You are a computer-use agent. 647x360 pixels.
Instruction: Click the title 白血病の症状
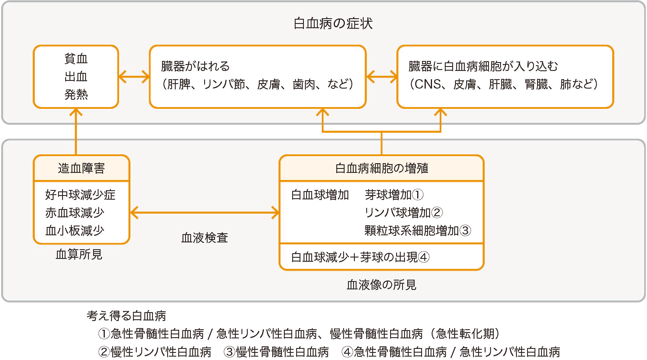click(x=333, y=23)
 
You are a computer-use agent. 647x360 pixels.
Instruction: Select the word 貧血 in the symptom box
click(x=76, y=59)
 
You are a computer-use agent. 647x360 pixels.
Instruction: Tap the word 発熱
click(x=76, y=95)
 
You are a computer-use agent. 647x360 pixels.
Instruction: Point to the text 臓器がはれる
click(x=195, y=66)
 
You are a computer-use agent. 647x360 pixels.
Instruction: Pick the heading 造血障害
click(x=81, y=168)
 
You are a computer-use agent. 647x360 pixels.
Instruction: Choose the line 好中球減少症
click(x=80, y=195)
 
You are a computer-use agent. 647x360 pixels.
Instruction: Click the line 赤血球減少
click(x=75, y=213)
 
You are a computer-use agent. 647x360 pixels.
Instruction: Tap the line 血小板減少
click(x=75, y=231)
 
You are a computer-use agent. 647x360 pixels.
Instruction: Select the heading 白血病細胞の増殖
click(x=382, y=168)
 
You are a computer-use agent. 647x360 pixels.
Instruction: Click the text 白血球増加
click(x=320, y=195)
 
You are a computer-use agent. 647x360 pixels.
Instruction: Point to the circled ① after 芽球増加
click(x=418, y=195)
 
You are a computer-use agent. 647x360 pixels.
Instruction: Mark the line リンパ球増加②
click(x=404, y=213)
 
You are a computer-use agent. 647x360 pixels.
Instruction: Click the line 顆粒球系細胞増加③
click(x=417, y=231)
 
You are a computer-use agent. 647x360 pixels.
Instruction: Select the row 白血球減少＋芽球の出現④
click(x=360, y=257)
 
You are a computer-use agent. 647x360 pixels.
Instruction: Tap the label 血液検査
click(x=204, y=238)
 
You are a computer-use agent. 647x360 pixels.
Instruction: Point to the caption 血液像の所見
click(x=381, y=285)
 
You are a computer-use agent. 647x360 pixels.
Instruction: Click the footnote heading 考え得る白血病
click(x=126, y=316)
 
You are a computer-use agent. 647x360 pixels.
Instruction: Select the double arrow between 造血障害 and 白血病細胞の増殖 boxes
click(x=204, y=213)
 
